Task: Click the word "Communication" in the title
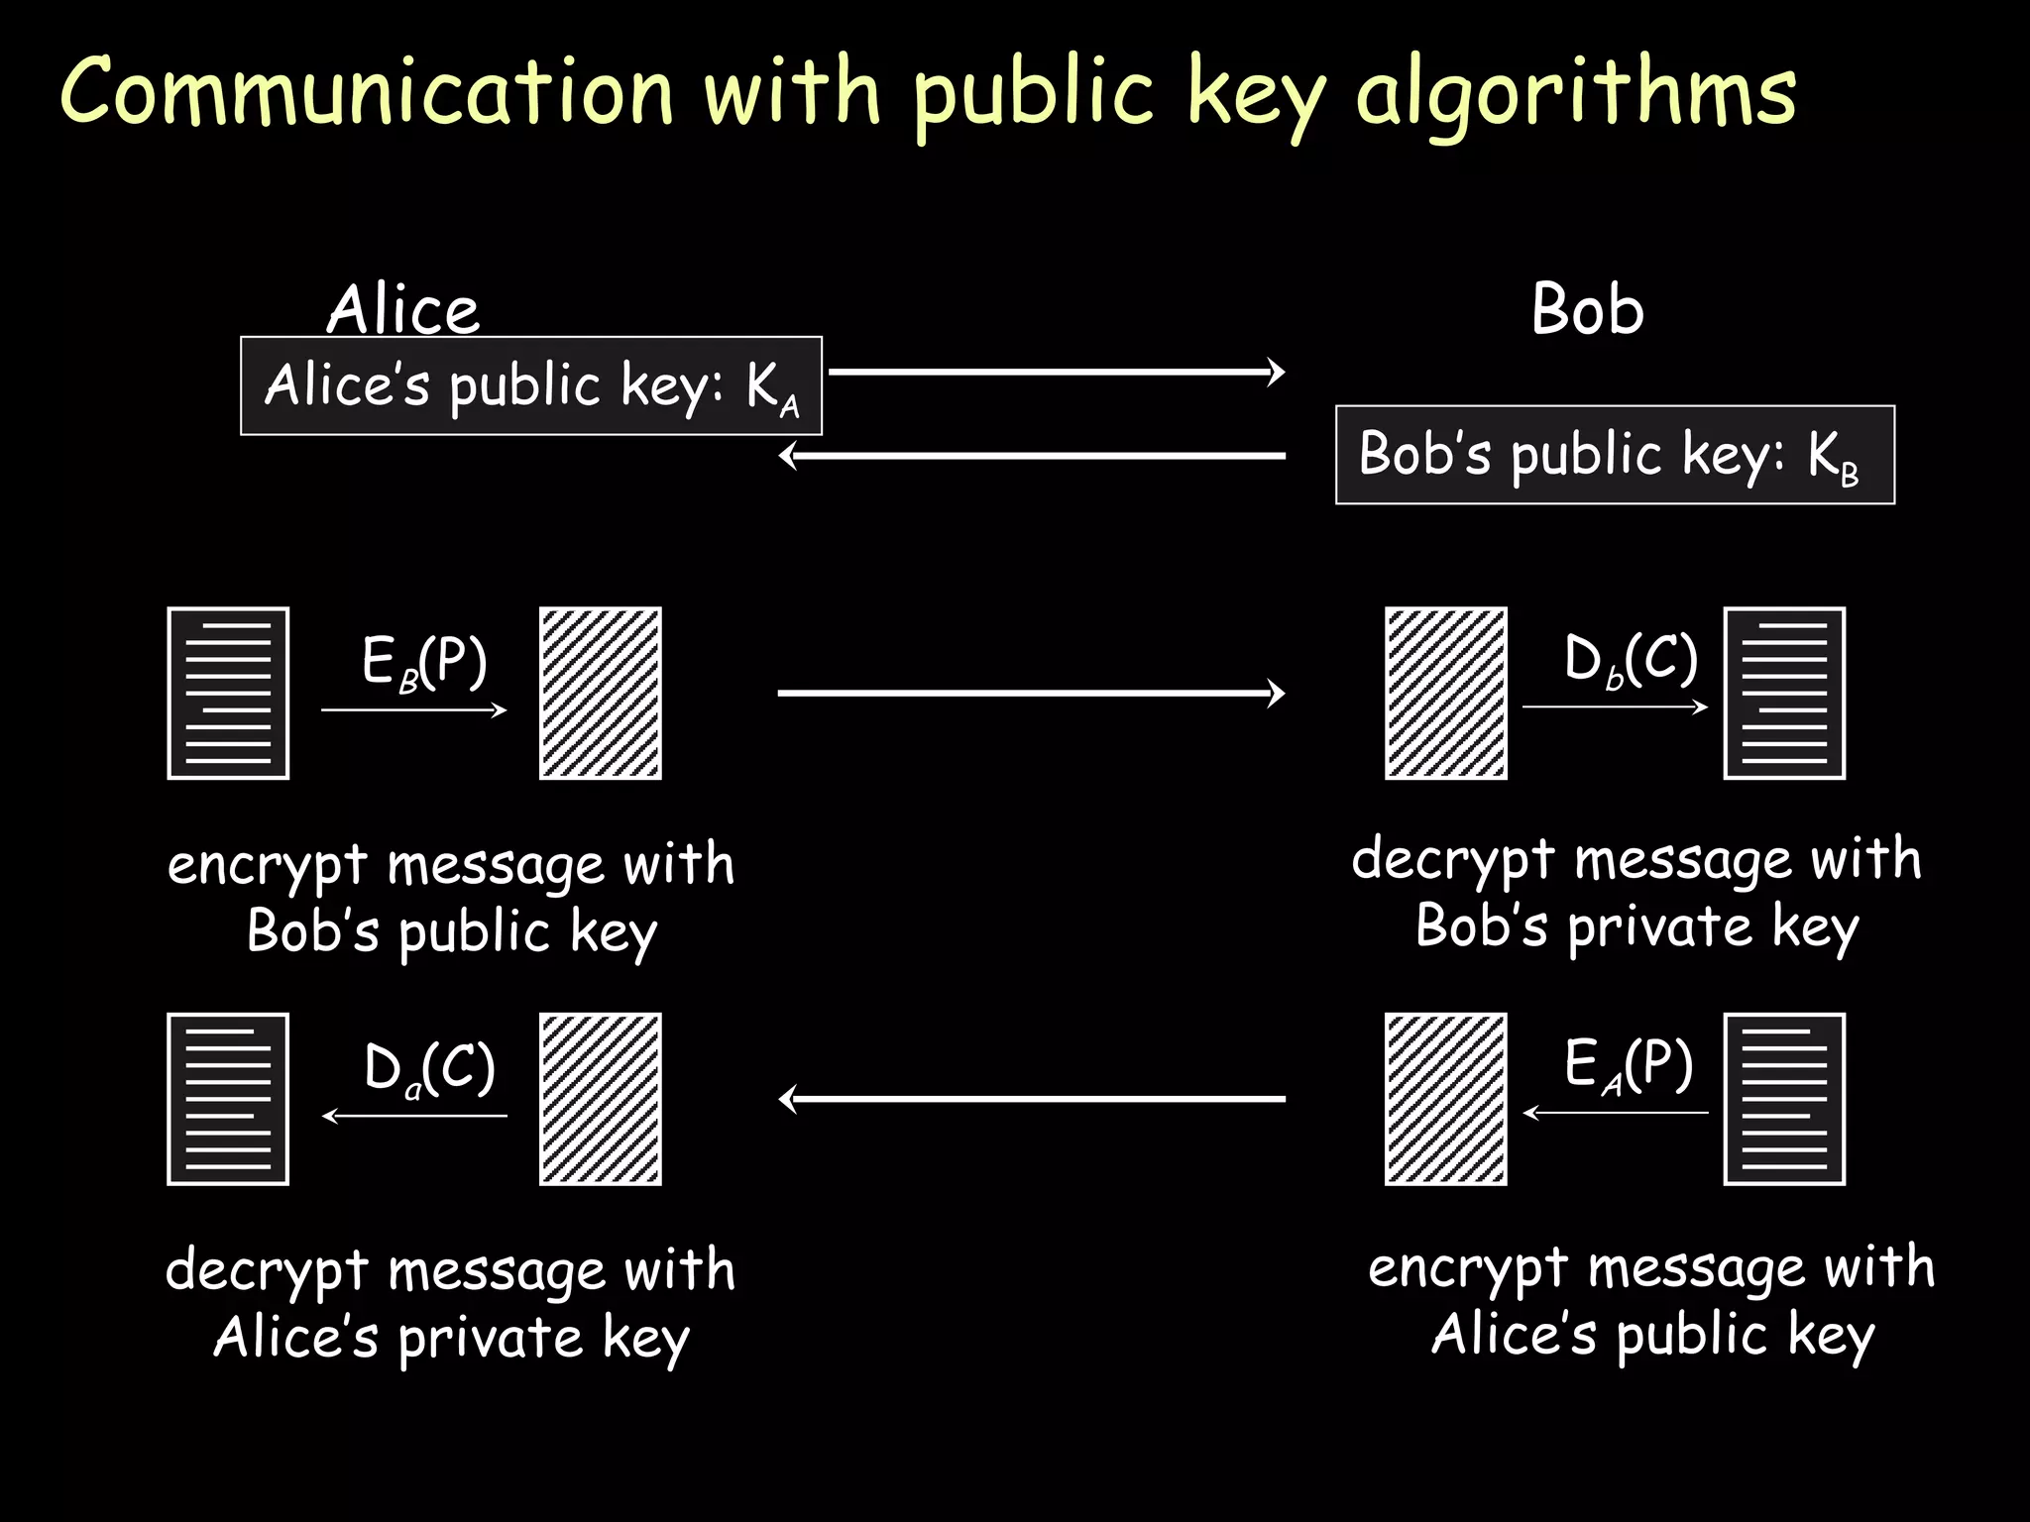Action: click(367, 91)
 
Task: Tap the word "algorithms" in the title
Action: click(1576, 95)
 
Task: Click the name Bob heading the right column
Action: click(1587, 309)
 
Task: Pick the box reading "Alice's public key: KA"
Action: click(531, 385)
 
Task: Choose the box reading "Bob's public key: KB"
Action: click(1615, 455)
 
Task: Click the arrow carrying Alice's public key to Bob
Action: click(1056, 372)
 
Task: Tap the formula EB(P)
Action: click(424, 662)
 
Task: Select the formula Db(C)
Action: click(1631, 659)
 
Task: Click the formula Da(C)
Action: click(428, 1068)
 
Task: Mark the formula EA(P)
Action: click(1629, 1065)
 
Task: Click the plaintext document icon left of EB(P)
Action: click(228, 694)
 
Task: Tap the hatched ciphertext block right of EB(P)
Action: click(600, 694)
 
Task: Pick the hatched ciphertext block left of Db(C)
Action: click(1445, 694)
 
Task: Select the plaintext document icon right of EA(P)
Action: click(1784, 1099)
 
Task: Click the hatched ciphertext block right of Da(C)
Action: click(600, 1099)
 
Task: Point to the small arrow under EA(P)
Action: click(1616, 1113)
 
